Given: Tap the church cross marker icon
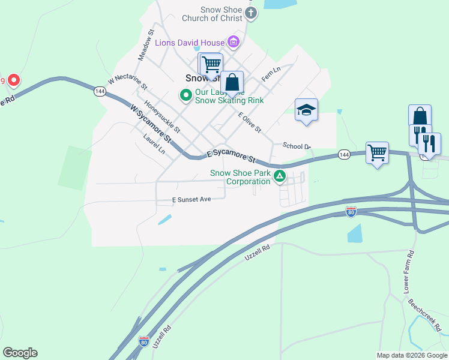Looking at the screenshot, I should click(x=251, y=13).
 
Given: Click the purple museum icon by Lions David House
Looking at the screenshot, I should click(x=233, y=42).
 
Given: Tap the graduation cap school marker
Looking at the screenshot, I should click(x=306, y=110).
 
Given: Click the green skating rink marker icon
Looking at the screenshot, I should click(x=186, y=94).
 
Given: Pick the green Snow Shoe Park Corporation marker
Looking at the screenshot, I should click(x=279, y=176).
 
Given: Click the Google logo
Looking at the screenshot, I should click(x=20, y=353).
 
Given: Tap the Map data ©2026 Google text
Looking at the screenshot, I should click(x=411, y=356).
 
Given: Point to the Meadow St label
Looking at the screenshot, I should click(x=146, y=44).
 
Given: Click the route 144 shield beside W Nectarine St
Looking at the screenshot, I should click(x=100, y=91).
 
